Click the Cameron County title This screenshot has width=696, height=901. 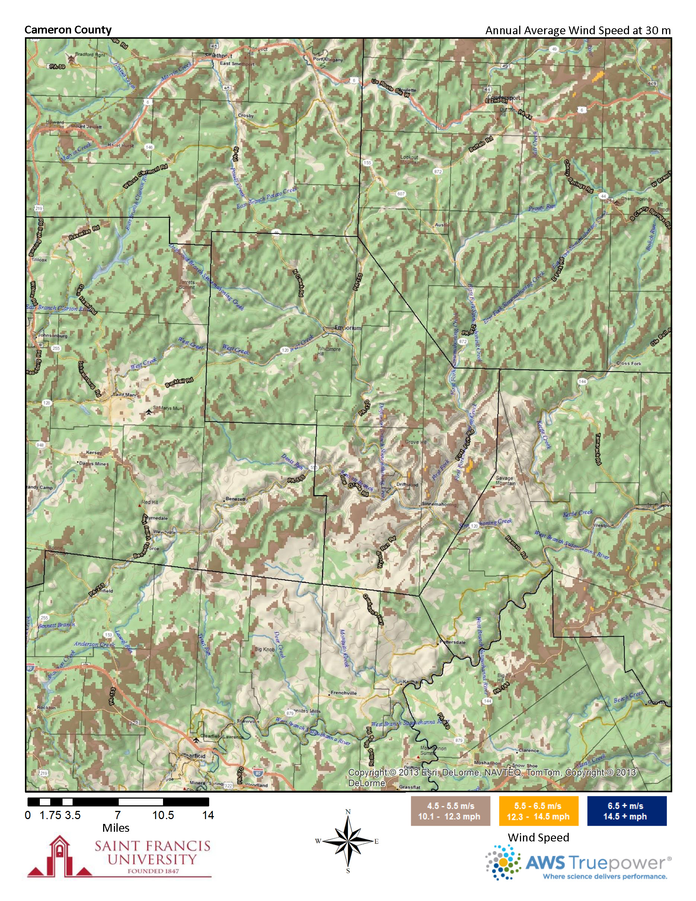coord(68,30)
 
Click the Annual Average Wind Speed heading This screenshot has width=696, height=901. coord(578,30)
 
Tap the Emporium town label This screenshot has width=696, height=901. coord(348,328)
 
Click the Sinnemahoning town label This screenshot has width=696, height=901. coord(438,504)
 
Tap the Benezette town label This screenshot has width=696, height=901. coord(237,499)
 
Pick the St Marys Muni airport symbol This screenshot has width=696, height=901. coord(149,412)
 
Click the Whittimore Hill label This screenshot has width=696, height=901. coord(329,351)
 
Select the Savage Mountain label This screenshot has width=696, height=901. coord(505,481)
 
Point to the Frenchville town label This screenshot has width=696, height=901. coord(344,693)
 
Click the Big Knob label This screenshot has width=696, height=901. coord(264,649)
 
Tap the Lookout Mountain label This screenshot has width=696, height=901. coord(409,160)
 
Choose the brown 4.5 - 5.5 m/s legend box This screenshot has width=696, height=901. coord(450,811)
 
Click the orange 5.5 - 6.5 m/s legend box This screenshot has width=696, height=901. coord(538,811)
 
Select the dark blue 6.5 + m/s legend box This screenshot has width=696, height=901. coord(626,811)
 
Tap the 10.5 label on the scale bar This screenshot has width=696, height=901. coord(163,815)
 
